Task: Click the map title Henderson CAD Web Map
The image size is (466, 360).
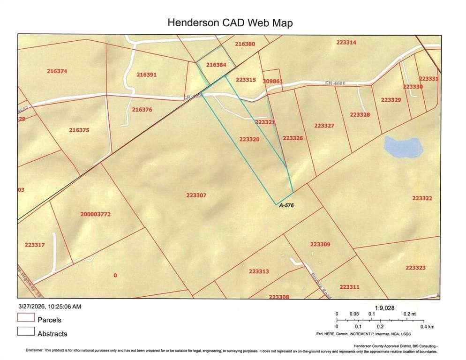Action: [230, 22]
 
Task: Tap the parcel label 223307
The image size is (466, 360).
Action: [196, 195]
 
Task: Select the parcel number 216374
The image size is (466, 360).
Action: [57, 71]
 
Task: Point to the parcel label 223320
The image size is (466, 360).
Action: [249, 139]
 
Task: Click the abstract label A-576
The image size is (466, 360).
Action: [286, 205]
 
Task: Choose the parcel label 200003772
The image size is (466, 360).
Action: [95, 214]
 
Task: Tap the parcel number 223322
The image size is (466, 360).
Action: [422, 198]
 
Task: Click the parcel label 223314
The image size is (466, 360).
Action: [346, 42]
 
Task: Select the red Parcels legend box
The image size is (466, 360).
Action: [26, 317]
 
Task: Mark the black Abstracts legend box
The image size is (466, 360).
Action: [26, 331]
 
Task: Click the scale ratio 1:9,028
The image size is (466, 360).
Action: [385, 308]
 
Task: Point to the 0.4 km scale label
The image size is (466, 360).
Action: [427, 326]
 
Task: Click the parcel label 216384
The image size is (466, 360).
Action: [216, 65]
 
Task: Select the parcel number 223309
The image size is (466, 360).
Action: [320, 244]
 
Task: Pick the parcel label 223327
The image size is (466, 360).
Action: [324, 126]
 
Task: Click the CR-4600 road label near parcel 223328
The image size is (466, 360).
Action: [335, 83]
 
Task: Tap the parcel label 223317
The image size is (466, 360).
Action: [34, 245]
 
